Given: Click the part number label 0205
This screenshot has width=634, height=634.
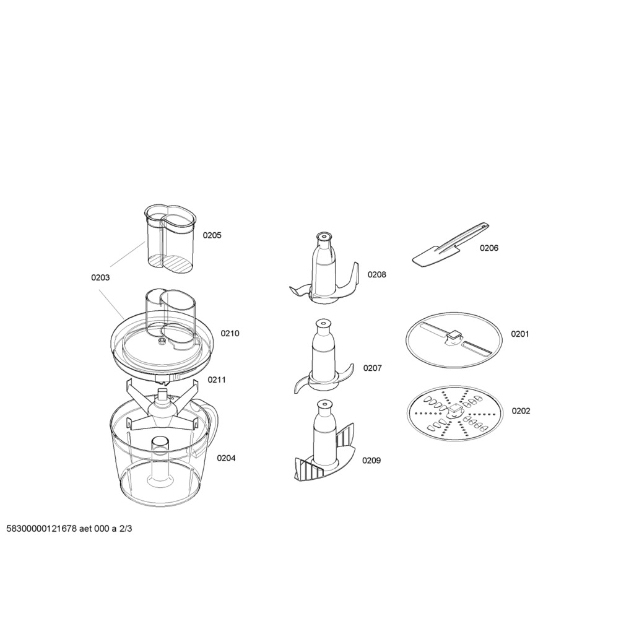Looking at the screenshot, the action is pyautogui.click(x=212, y=235).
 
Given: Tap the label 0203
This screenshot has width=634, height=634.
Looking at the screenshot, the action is pyautogui.click(x=100, y=278).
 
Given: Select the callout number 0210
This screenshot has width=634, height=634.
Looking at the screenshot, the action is pyautogui.click(x=230, y=334).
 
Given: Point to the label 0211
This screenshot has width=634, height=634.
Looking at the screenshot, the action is pyautogui.click(x=217, y=380).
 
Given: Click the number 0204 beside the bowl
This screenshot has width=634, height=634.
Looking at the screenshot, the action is pyautogui.click(x=226, y=458).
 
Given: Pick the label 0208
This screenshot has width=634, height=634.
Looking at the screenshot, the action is pyautogui.click(x=377, y=275).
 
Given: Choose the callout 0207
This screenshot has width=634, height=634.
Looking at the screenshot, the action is pyautogui.click(x=372, y=368).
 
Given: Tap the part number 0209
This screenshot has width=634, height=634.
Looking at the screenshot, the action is pyautogui.click(x=371, y=461).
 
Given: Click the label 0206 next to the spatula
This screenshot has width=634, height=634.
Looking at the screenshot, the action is pyautogui.click(x=489, y=248).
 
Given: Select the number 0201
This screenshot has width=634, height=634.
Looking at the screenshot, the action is pyautogui.click(x=520, y=334).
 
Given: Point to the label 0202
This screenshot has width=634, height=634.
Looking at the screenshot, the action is pyautogui.click(x=521, y=411).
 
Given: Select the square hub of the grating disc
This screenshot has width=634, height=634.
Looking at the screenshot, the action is pyautogui.click(x=455, y=411).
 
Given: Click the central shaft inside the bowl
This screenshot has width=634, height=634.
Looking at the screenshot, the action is pyautogui.click(x=160, y=461).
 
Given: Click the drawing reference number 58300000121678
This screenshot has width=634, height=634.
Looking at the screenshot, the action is pyautogui.click(x=41, y=529).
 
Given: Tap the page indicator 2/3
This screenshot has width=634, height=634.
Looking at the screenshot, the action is pyautogui.click(x=125, y=529).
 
